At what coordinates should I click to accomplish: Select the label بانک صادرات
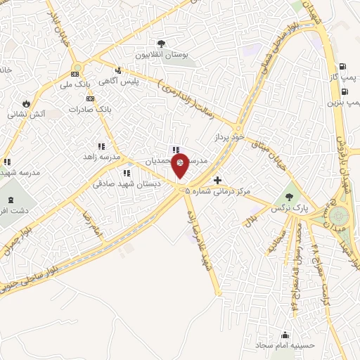click(x=91, y=110)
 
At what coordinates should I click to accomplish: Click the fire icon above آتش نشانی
click(x=27, y=103)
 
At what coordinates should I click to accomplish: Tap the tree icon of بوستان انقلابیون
click(x=162, y=42)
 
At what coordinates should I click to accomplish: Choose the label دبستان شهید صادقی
click(x=128, y=184)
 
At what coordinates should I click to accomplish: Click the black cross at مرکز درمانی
click(x=218, y=181)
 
